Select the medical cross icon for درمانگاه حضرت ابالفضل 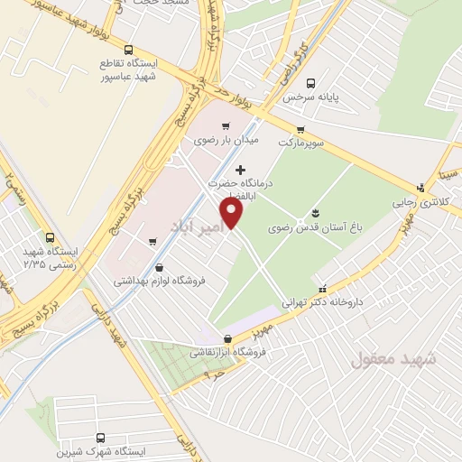tap(239, 170)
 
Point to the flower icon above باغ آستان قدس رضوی tap(315, 213)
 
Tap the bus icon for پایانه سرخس tap(312, 81)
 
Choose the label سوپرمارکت tap(299, 143)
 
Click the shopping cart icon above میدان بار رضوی tap(225, 126)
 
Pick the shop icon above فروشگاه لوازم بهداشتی tap(160, 267)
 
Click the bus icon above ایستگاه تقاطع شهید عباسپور tap(129, 51)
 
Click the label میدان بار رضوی tap(226, 142)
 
